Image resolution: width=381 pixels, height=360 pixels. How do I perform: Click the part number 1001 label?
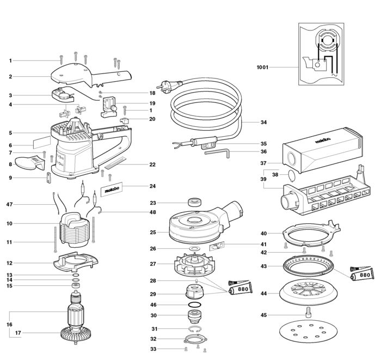pos(262,67)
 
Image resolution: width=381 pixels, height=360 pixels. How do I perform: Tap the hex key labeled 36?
pos(217,153)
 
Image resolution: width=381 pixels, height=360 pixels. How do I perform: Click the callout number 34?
pos(263,122)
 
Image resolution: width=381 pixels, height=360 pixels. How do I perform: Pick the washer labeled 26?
pos(194,249)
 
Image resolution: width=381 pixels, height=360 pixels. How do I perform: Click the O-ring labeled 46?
pos(194,304)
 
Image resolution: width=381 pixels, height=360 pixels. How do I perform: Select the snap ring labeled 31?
pos(195,328)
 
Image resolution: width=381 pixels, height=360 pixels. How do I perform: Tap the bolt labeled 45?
pos(308,312)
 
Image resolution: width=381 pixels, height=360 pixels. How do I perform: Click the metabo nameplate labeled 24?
pos(112,189)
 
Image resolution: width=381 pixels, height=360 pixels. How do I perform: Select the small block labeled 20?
pos(124,120)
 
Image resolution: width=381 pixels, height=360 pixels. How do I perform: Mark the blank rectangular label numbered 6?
pos(42,143)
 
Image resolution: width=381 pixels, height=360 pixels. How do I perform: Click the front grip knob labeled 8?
pos(30,163)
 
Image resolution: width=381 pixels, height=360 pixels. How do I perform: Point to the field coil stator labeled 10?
pos(73,230)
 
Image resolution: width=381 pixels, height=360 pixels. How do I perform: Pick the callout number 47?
pos(9,204)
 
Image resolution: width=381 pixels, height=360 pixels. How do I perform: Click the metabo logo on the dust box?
pos(323,141)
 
